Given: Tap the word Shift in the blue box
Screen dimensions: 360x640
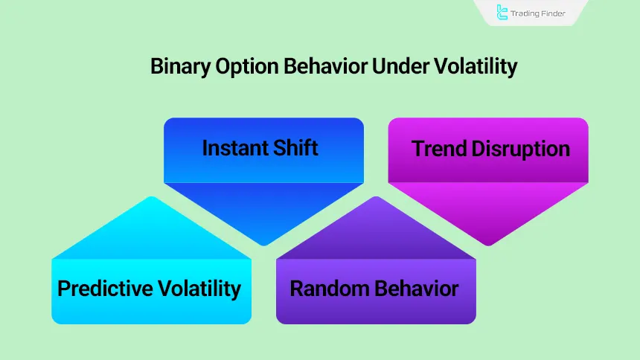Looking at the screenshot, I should pyautogui.click(x=294, y=147).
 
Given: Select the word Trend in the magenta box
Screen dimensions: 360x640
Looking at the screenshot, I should pyautogui.click(x=439, y=148).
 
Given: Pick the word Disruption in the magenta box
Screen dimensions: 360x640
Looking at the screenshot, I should pyautogui.click(x=520, y=148).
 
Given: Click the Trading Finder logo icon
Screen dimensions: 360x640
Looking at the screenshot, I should pyautogui.click(x=502, y=12).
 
